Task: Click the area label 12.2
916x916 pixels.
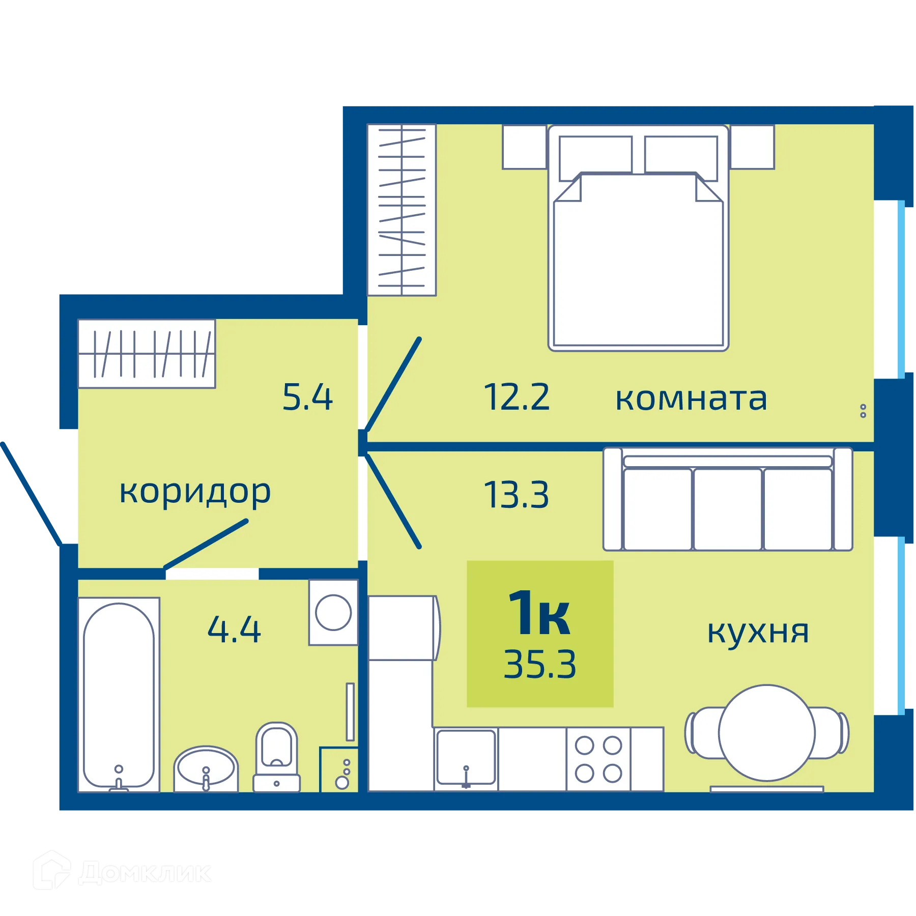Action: click(517, 397)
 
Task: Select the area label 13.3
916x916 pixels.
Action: click(517, 495)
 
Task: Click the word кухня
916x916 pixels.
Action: click(758, 632)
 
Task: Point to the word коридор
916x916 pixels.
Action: click(195, 492)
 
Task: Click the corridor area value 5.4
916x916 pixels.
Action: click(307, 397)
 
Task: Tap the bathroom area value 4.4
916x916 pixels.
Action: click(234, 629)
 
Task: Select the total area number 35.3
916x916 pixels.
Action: click(540, 665)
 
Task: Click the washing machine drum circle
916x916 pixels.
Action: click(333, 613)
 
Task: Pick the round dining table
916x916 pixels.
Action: click(766, 733)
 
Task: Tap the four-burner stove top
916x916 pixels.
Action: click(598, 759)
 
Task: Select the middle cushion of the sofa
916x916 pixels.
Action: click(727, 509)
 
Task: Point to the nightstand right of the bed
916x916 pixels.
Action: click(752, 147)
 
